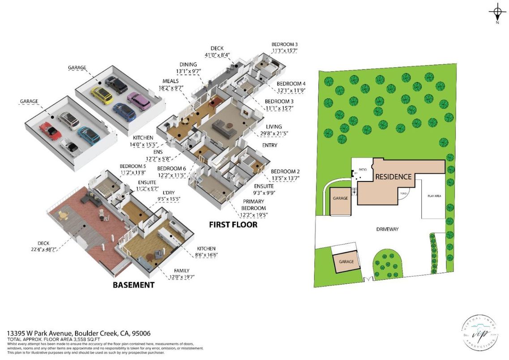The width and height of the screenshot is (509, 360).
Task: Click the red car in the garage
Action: (49, 130)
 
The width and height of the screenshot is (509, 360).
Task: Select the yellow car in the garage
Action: (102, 95)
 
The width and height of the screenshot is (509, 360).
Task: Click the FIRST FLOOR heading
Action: (233, 224)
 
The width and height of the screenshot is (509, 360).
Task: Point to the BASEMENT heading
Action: (133, 285)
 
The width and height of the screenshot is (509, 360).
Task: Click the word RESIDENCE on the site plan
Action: (393, 176)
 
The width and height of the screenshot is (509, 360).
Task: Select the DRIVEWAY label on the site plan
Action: (387, 229)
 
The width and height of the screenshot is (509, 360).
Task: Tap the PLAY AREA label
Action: (434, 196)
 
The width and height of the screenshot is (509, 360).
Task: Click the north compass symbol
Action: (497, 12)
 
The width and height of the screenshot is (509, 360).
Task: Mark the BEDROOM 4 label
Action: (291, 84)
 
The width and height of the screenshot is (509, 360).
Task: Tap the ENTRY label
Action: (269, 145)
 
